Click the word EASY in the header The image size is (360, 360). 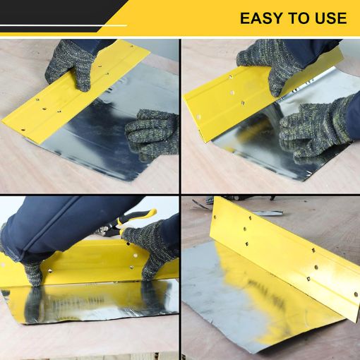[x=263, y=18]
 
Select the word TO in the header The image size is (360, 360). [x=297, y=18]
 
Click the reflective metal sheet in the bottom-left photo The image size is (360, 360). [x=92, y=304]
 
